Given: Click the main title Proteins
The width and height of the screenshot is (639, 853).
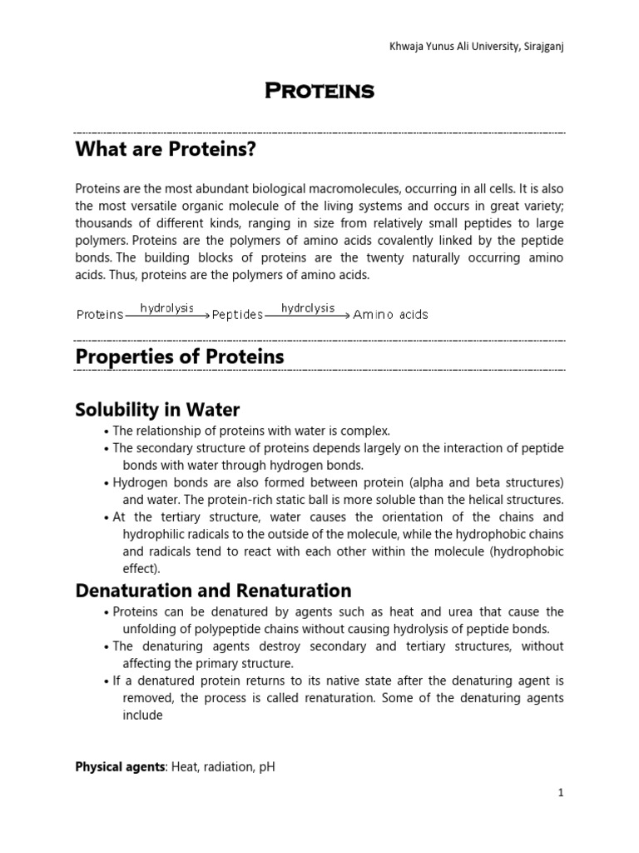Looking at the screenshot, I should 319,92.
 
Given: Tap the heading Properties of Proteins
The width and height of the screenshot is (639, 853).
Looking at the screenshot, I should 180,357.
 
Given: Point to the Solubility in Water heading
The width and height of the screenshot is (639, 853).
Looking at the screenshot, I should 157,410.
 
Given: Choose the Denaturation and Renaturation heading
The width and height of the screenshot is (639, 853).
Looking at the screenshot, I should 213,591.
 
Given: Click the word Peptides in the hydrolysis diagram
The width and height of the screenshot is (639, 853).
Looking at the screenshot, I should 237,315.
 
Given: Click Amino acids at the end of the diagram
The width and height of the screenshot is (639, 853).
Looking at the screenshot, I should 390,315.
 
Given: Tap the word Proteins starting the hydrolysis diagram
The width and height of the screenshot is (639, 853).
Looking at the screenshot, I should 100,315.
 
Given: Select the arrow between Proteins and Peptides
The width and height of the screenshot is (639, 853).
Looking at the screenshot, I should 167,316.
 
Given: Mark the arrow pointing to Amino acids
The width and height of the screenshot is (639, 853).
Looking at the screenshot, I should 308,316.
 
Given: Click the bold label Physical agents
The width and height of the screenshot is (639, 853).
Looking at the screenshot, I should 120,767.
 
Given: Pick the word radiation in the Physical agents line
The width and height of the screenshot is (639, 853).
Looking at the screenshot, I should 223,767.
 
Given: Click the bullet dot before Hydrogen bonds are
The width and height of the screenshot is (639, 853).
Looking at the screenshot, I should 107,483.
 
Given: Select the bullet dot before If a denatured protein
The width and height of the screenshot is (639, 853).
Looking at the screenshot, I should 107,681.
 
